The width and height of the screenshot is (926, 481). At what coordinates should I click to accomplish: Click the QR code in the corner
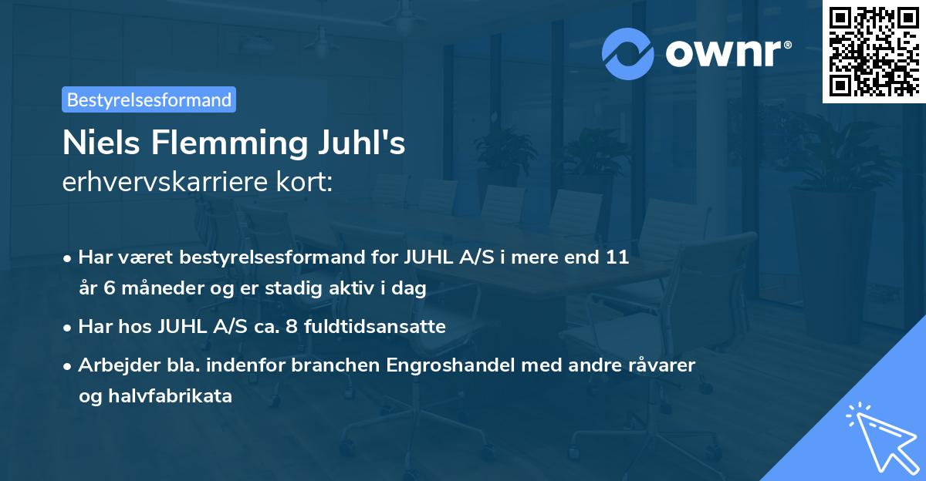pyautogui.click(x=874, y=51)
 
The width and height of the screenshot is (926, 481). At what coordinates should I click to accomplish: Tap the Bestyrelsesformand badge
pyautogui.click(x=149, y=99)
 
